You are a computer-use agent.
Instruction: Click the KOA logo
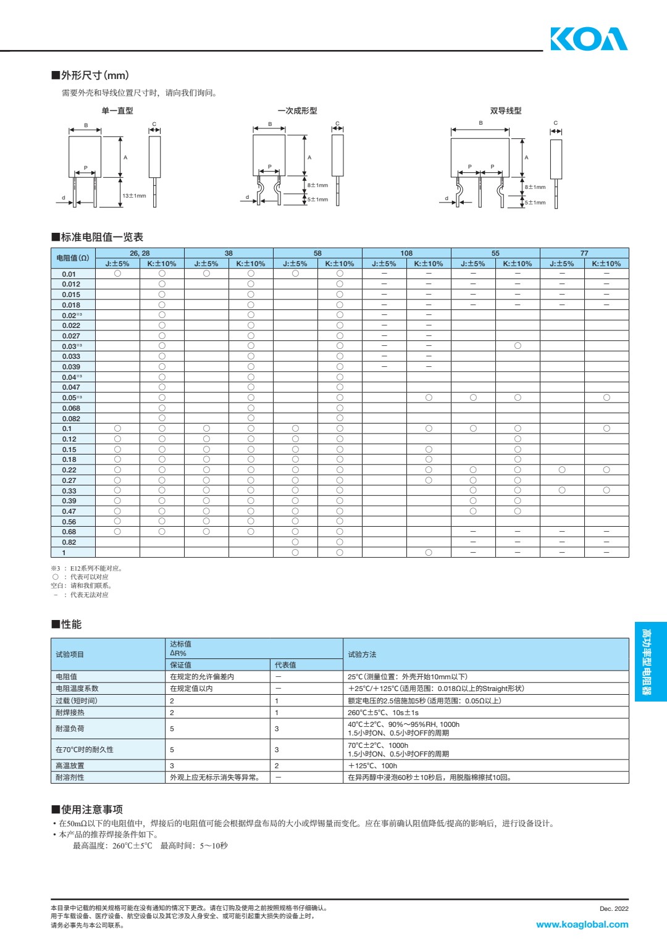[589, 39]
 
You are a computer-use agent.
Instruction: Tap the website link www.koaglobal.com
[582, 924]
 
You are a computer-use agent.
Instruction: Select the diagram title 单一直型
[117, 111]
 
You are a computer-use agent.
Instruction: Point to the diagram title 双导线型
[506, 111]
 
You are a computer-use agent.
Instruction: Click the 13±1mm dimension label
[134, 196]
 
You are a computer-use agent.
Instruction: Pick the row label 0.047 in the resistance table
[71, 387]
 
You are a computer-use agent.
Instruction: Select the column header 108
[406, 253]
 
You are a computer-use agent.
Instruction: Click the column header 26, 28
[140, 253]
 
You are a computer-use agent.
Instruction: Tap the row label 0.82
[69, 542]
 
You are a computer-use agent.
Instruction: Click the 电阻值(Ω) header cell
[73, 258]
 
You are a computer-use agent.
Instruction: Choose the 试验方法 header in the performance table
[362, 655]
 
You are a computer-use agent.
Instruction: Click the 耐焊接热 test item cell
[70, 713]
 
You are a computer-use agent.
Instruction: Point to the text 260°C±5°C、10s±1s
[383, 713]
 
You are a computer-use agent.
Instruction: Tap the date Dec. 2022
[614, 908]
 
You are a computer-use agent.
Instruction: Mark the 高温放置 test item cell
[70, 766]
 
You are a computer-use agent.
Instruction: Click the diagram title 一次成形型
[297, 111]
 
